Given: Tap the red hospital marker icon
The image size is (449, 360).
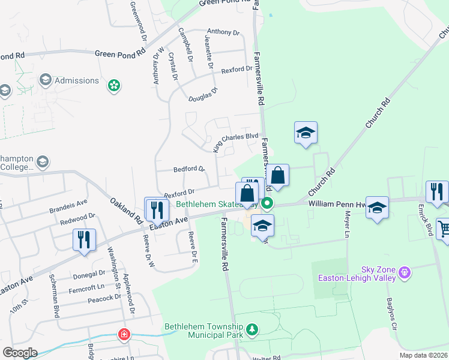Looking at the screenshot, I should [124, 334].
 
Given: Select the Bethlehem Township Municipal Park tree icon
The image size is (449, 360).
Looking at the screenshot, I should [253, 329].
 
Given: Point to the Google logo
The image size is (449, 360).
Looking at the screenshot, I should [20, 353].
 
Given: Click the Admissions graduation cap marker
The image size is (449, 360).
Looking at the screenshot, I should [45, 80].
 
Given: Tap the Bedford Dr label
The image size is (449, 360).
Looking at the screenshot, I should [189, 170].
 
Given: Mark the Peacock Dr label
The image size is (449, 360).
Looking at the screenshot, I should [104, 298].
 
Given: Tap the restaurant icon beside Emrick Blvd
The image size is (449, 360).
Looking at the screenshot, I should [436, 191].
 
